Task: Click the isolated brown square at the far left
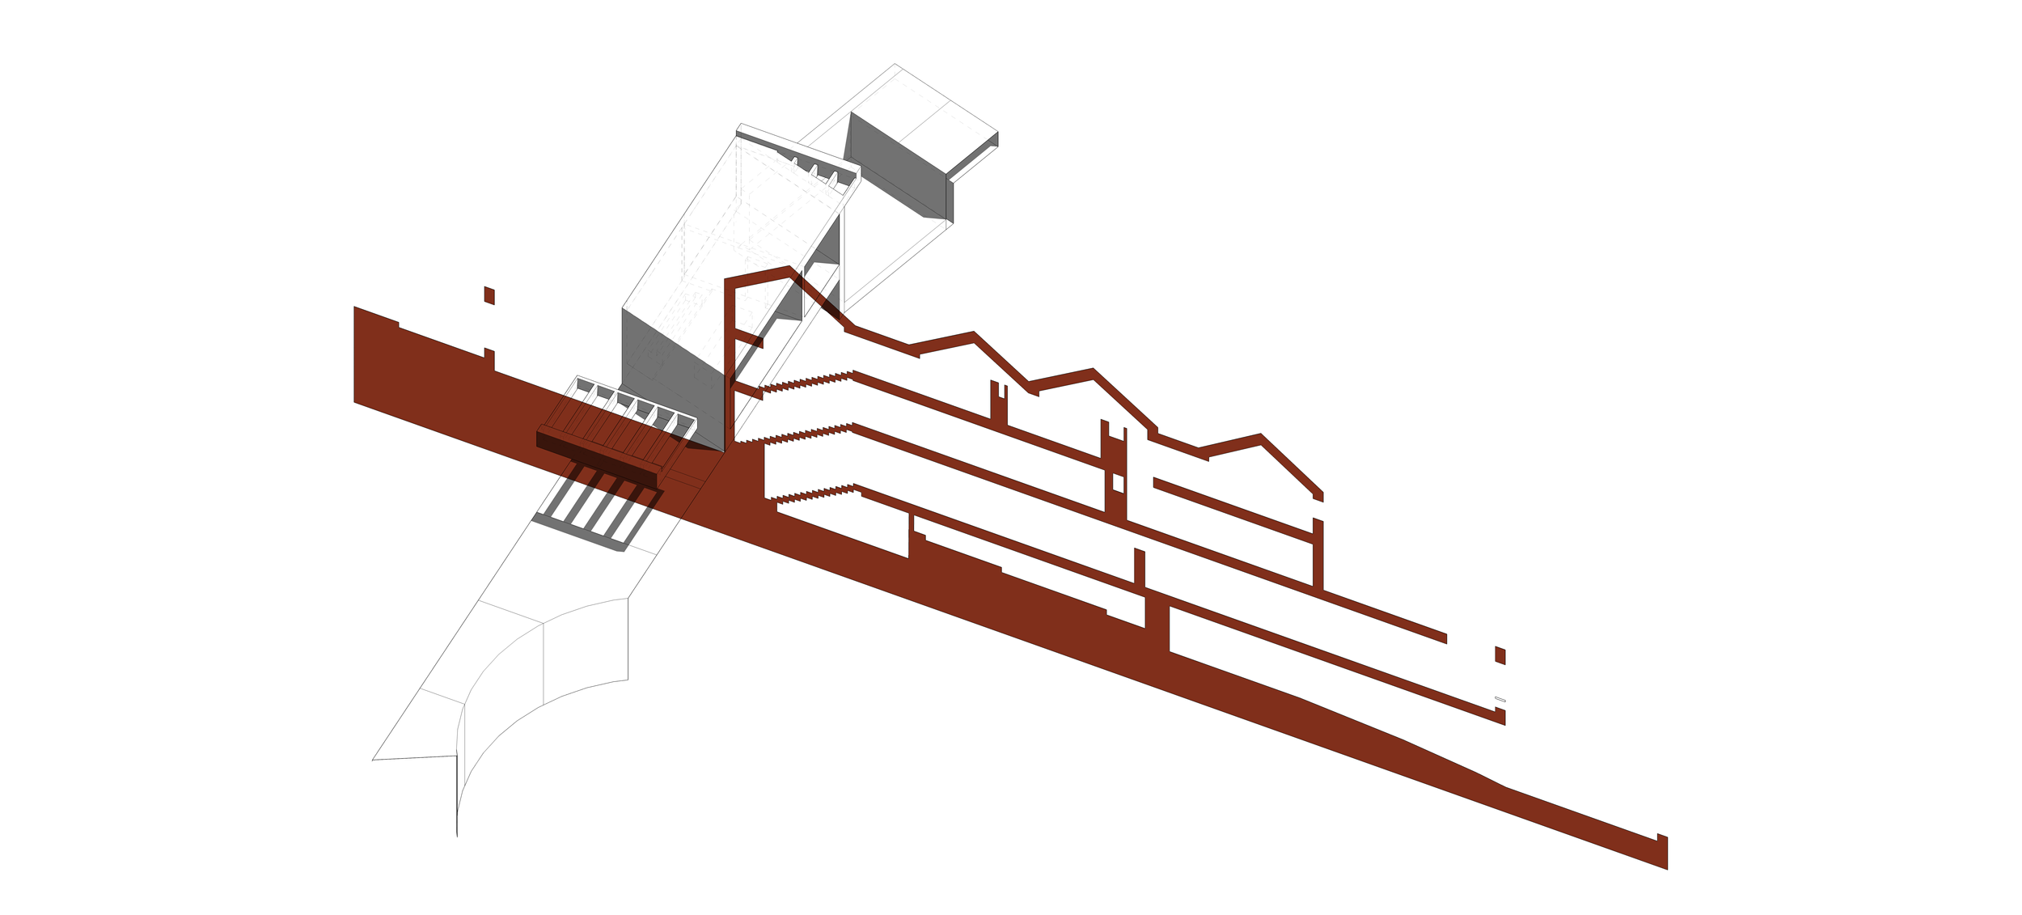pos(489,296)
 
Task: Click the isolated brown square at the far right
pos(1500,655)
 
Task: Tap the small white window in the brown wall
pos(1118,483)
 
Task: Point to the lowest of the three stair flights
pos(813,494)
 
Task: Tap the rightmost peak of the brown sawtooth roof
pos(1260,437)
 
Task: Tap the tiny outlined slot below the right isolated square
pos(1500,699)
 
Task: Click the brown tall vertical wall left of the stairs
pos(730,364)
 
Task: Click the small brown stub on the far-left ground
pos(489,356)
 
